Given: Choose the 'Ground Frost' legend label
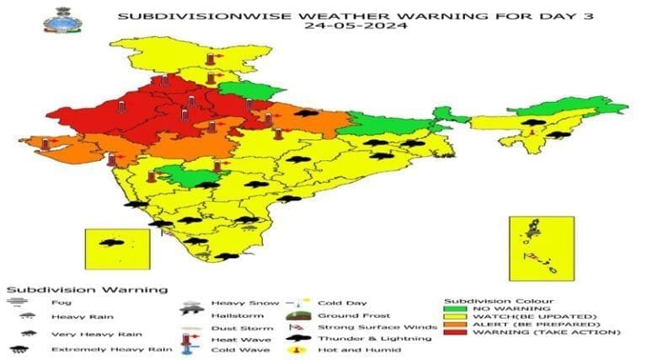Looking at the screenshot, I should (342, 315).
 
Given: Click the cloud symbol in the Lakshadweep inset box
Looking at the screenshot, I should (110, 244).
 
